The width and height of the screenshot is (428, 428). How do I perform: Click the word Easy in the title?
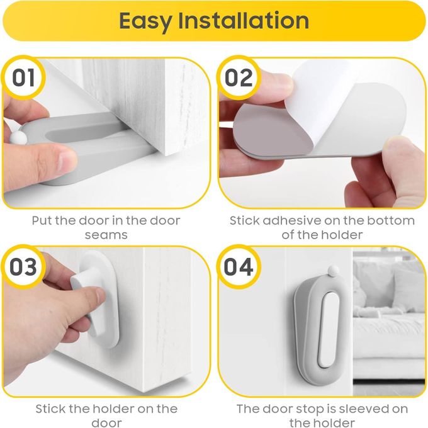pyautogui.click(x=146, y=21)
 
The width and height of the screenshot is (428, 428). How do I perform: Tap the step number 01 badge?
pyautogui.click(x=23, y=77)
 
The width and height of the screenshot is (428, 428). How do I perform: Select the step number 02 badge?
pyautogui.click(x=239, y=77)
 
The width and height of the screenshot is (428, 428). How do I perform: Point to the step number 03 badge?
pyautogui.click(x=23, y=267)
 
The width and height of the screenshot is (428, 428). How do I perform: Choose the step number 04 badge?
pyautogui.click(x=239, y=267)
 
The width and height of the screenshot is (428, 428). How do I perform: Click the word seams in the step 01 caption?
pyautogui.click(x=106, y=235)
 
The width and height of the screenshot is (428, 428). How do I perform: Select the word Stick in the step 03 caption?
pyautogui.click(x=51, y=409)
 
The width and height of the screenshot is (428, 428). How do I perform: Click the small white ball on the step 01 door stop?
pyautogui.click(x=18, y=138)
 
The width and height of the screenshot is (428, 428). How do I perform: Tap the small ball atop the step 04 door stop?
pyautogui.click(x=333, y=271)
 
